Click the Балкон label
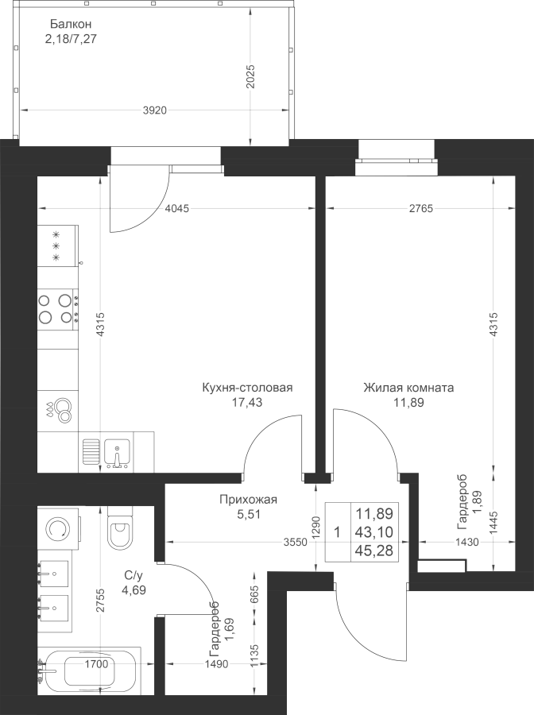coord(72,24)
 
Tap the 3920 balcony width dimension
coord(155,110)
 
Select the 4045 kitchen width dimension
coord(177,209)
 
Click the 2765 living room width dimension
coord(421,209)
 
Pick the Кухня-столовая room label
coord(247,388)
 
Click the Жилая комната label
coord(408,388)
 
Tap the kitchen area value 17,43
coord(247,403)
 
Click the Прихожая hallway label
coord(248,500)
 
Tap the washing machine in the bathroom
coord(60,528)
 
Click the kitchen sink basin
coord(117,454)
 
